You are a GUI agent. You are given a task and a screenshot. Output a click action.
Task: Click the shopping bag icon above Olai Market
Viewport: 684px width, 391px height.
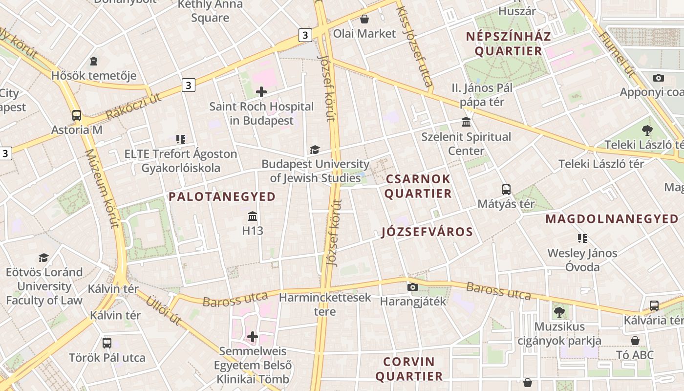(364, 19)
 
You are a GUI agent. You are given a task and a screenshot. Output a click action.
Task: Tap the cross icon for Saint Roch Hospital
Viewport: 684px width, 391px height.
(261, 91)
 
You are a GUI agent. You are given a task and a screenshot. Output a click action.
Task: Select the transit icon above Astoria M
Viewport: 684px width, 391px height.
(77, 115)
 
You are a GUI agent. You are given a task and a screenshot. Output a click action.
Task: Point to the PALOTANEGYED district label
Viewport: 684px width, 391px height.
(222, 197)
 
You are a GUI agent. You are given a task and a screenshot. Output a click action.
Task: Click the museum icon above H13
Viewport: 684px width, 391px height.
(253, 216)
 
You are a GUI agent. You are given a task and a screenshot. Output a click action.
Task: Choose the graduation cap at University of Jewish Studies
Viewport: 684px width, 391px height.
(315, 150)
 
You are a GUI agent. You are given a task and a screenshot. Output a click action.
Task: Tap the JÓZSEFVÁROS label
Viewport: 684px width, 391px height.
(427, 232)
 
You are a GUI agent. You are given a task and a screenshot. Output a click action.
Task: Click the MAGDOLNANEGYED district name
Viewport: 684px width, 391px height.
(612, 219)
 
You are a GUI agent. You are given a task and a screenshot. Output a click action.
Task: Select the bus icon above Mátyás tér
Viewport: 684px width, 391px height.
(506, 189)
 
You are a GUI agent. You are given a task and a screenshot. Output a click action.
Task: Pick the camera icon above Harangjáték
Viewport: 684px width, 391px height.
(413, 287)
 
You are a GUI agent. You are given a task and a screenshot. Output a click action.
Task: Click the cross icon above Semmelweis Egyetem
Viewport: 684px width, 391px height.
(253, 336)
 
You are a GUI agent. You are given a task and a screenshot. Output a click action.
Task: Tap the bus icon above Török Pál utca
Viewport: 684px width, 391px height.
(107, 343)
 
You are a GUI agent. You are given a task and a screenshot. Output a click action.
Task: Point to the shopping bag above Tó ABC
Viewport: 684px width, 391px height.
(635, 340)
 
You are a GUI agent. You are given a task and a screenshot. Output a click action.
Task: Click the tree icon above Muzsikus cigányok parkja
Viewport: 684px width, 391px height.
(559, 311)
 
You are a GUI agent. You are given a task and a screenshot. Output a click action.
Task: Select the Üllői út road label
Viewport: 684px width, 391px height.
(164, 310)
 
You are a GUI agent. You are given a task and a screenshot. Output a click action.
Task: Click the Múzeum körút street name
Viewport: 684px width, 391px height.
(103, 188)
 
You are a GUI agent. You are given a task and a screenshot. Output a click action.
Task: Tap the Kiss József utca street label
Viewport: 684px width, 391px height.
(415, 46)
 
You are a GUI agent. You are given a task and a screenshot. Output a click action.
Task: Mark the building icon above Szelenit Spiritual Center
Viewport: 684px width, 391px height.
(466, 122)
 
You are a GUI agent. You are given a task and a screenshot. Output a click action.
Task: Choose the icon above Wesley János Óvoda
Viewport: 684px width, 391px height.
(582, 239)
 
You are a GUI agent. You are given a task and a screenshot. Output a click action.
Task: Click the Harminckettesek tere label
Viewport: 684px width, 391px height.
(325, 304)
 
